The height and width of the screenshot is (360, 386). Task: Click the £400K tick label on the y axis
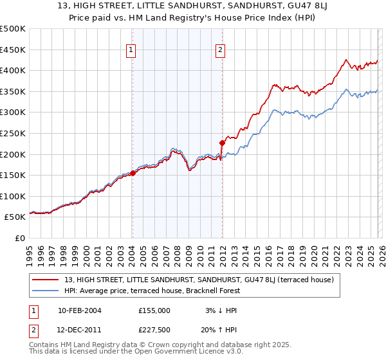coord(13,70)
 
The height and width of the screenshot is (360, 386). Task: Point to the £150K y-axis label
coord(13,175)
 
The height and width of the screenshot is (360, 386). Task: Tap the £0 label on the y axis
coord(20,238)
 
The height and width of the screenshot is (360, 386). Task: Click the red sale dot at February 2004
coord(133,173)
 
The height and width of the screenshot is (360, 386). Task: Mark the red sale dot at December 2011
coord(222,143)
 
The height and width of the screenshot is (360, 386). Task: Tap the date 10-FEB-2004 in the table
coord(79,310)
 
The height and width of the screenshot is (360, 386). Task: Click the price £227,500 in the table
coord(154,330)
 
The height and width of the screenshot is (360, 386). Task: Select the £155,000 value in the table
coord(154,310)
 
